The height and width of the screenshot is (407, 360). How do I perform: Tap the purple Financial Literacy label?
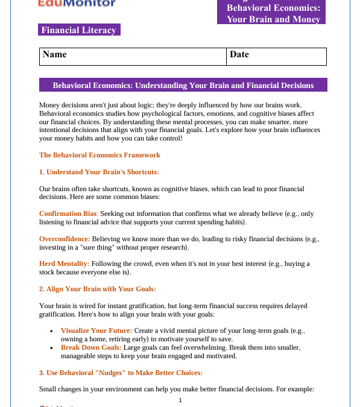pos(79,30)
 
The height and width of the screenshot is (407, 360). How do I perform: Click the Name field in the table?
pos(133,56)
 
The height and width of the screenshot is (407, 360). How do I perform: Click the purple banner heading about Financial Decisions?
pos(183,86)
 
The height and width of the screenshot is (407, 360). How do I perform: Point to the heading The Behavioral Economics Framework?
pos(99,155)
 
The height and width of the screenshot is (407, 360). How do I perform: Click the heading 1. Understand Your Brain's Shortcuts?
pos(99,172)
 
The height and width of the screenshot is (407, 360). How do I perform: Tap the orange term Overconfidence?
pos(65,239)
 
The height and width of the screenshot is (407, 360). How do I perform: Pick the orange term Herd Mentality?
pos(64,264)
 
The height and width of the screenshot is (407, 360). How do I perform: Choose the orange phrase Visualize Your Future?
pos(96,331)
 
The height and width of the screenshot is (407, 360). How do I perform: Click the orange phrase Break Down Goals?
pos(91,347)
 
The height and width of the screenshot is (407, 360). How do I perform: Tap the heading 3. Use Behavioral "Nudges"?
pos(121,373)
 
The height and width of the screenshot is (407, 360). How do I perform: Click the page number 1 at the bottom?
pos(180,400)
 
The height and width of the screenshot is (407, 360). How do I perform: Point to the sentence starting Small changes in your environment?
pos(176,389)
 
